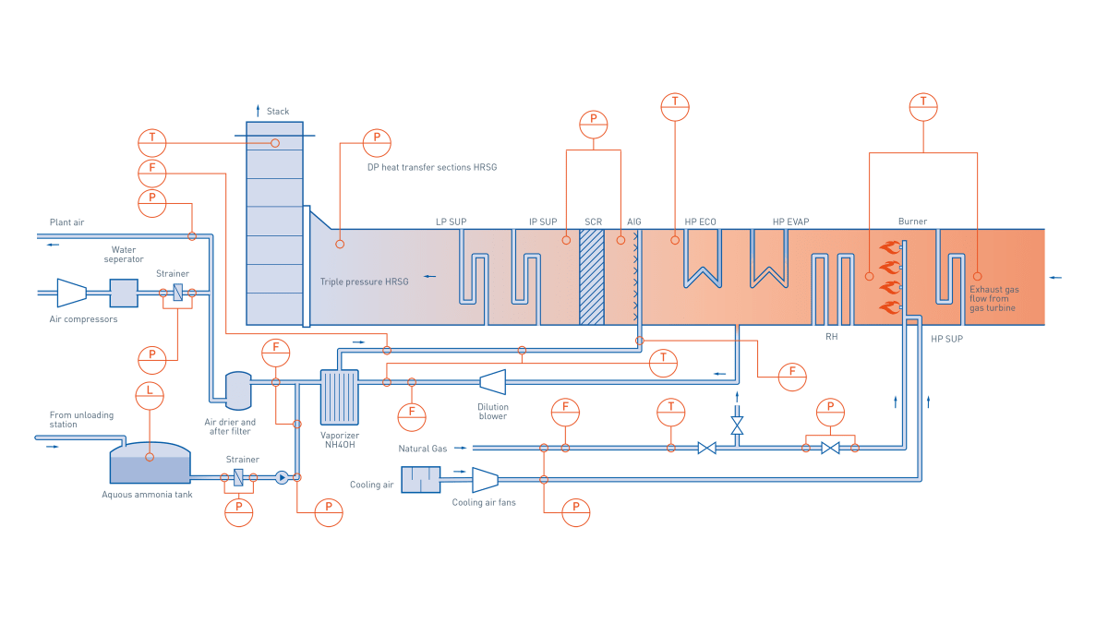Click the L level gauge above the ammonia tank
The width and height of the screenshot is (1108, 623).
[x=150, y=394]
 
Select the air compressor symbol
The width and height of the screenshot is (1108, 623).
[x=70, y=293]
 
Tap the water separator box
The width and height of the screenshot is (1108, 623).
[x=124, y=293]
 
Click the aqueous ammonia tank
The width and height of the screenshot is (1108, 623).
[x=150, y=464]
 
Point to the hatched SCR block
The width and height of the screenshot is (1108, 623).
[x=592, y=277]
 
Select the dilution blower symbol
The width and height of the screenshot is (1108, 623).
[x=493, y=382]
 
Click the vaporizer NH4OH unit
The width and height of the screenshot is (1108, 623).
[x=339, y=396]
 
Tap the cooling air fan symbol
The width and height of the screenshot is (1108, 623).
[x=485, y=479]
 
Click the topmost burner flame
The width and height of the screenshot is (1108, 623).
[x=890, y=247]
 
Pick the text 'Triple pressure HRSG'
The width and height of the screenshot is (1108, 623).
[x=364, y=282]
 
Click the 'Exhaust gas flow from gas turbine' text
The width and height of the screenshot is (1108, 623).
[x=994, y=298]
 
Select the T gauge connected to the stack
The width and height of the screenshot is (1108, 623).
[x=152, y=142]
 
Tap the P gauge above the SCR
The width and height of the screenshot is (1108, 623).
[x=594, y=124]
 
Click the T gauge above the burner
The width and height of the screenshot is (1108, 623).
[x=922, y=106]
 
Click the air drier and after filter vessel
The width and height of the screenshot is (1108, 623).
[x=238, y=390]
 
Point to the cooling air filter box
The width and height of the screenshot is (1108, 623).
[x=421, y=480]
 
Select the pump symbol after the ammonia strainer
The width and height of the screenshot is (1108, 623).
[x=282, y=477]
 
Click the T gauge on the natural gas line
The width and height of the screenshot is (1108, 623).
[x=671, y=412]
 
